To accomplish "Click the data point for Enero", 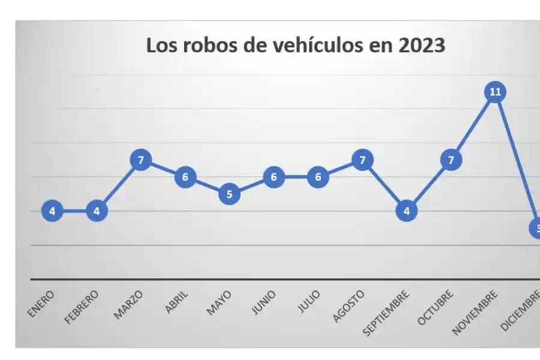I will pyautogui.click(x=52, y=211).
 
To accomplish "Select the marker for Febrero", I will pyautogui.click(x=97, y=211).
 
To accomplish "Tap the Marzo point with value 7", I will pyautogui.click(x=140, y=160).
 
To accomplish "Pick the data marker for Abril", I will pyautogui.click(x=185, y=177).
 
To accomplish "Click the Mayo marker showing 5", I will pyautogui.click(x=229, y=194).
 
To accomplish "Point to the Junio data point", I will pyautogui.click(x=274, y=177).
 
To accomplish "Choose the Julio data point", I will pyautogui.click(x=318, y=177).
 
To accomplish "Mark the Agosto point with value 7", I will pyautogui.click(x=362, y=160).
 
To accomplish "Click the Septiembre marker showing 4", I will pyautogui.click(x=406, y=211).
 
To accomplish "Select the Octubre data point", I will pyautogui.click(x=451, y=160).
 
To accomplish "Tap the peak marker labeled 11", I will pyautogui.click(x=495, y=92).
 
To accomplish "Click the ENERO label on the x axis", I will pyautogui.click(x=41, y=304).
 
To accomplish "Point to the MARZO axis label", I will pyautogui.click(x=129, y=304).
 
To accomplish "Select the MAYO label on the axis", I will pyautogui.click(x=219, y=303).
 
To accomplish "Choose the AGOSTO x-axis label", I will pyautogui.click(x=349, y=306).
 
